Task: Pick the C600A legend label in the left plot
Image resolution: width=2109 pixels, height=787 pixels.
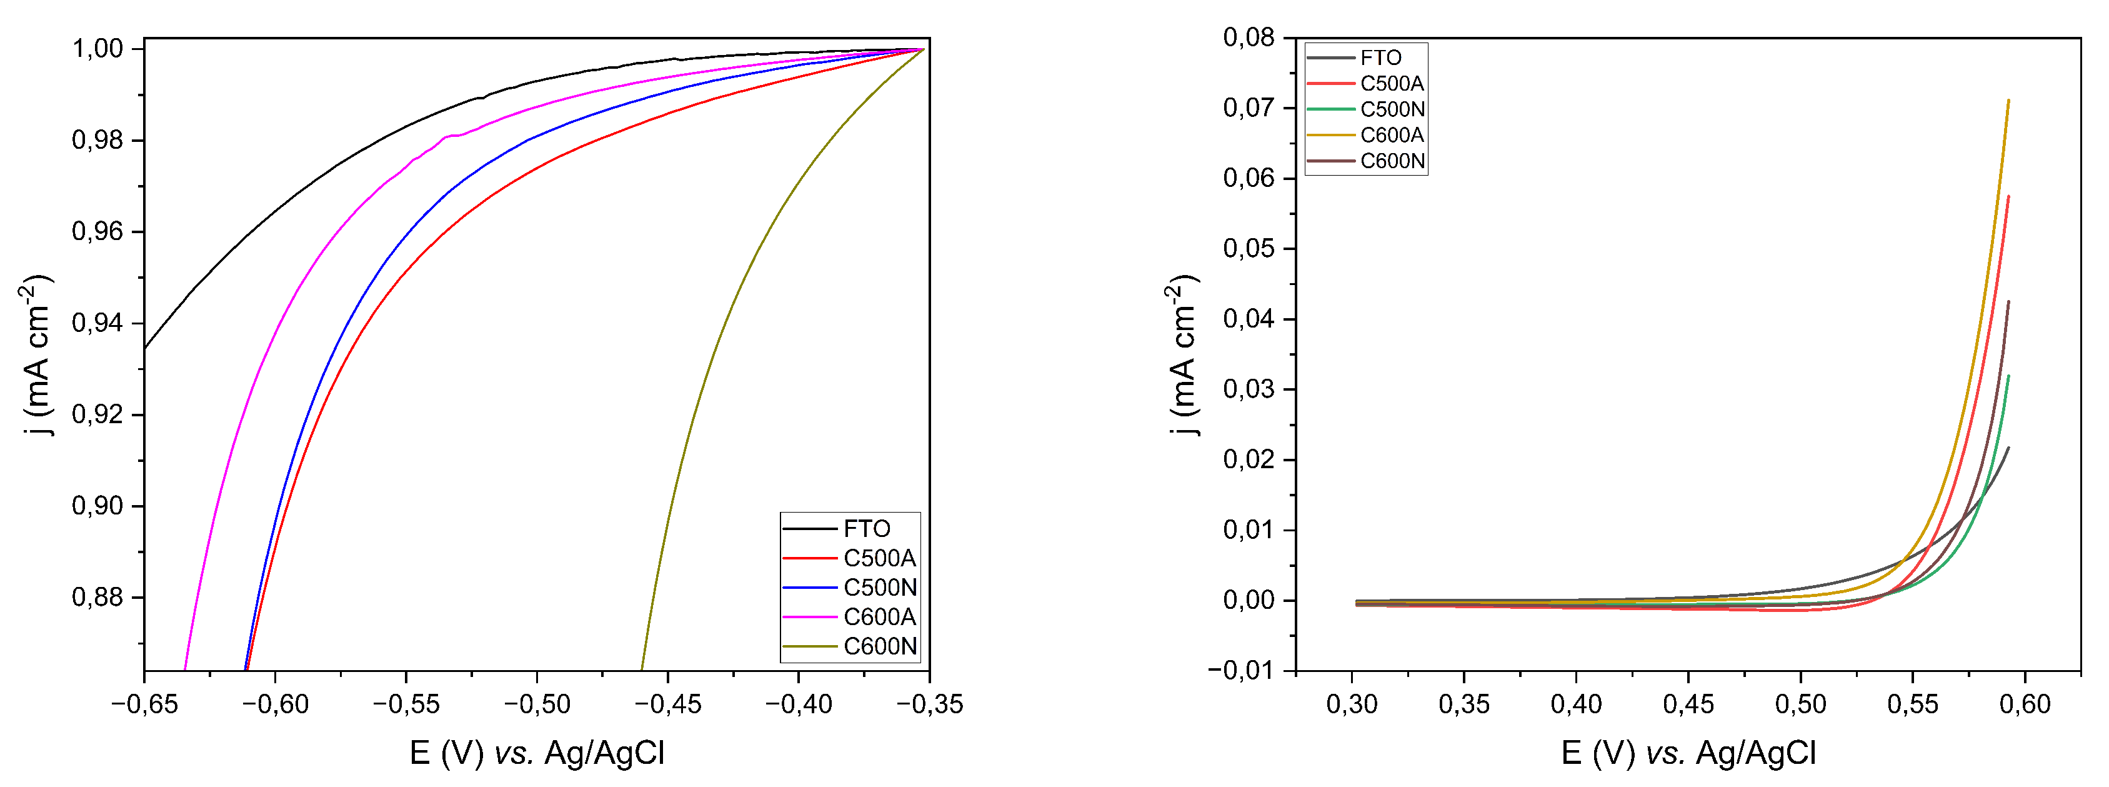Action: (879, 617)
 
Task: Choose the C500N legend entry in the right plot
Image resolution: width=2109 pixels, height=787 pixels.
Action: (1392, 109)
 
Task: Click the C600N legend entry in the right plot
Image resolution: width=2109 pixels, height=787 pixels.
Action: (1392, 161)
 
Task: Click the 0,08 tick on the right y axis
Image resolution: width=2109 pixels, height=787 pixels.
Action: (1249, 38)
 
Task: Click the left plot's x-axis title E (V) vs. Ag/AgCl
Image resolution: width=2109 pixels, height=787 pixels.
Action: (536, 753)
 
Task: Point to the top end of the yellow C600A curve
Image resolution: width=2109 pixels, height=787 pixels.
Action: (2008, 101)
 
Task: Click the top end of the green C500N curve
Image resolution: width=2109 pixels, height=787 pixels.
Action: (2008, 376)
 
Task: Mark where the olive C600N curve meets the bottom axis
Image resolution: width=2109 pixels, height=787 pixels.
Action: (642, 670)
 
